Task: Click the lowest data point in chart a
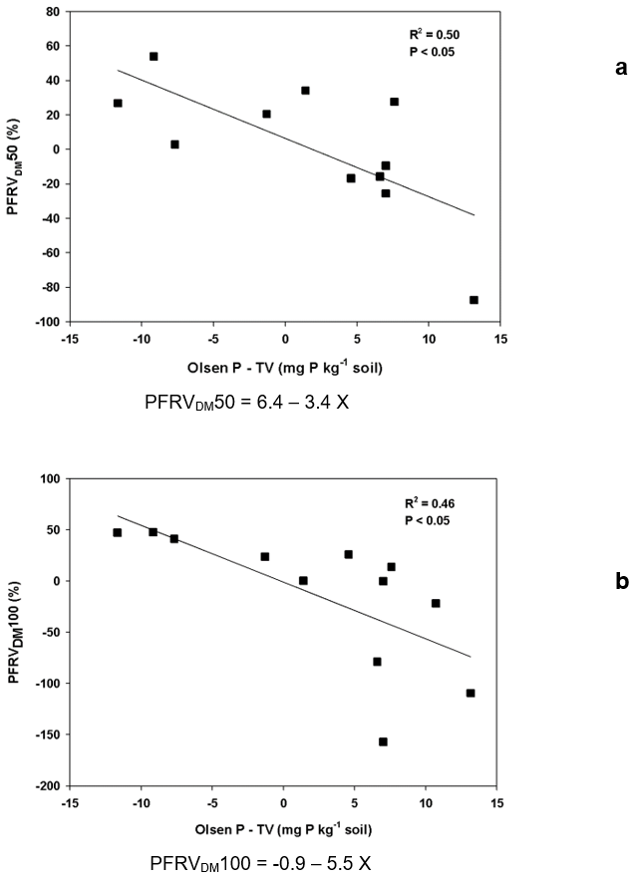[x=474, y=300]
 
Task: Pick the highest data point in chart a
[x=154, y=57]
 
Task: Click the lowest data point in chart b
[x=383, y=741]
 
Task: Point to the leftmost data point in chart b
[x=118, y=532]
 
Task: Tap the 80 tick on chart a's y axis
[x=52, y=12]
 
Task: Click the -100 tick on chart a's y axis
[x=46, y=322]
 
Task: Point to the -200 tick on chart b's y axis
[x=46, y=786]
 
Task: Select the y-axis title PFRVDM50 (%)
[x=16, y=166]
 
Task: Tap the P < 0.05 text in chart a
[x=431, y=52]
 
